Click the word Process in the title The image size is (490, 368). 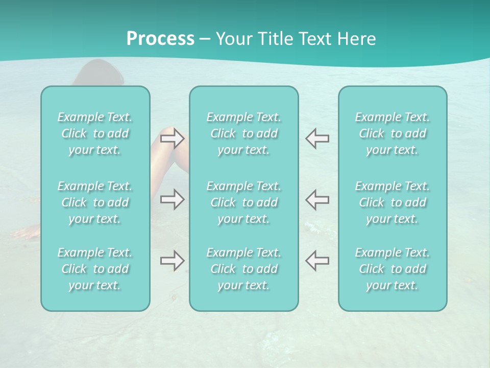point(160,39)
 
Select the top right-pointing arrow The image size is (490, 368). point(172,138)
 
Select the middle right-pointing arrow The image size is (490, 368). point(172,199)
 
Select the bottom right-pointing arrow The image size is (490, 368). point(172,261)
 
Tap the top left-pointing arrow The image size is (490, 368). point(317,138)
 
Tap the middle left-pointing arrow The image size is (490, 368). point(317,199)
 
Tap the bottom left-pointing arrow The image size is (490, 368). point(317,261)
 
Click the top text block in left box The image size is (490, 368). point(95,133)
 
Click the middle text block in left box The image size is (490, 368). point(95,202)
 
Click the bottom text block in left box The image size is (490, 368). point(95,269)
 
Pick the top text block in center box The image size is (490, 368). point(243,133)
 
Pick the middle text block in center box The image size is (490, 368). point(243,202)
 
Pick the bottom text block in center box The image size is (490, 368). point(243,269)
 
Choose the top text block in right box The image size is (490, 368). point(392,133)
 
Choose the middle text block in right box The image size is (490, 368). point(392,202)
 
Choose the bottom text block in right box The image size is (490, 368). point(392,269)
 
